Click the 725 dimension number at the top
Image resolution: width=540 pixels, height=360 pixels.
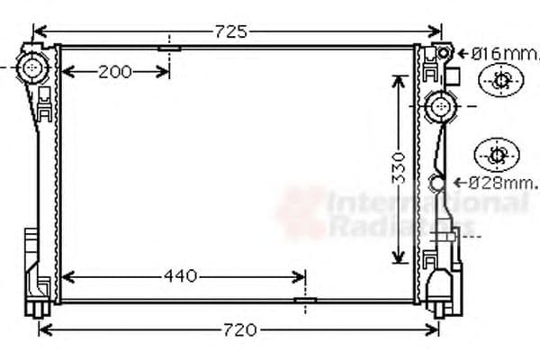(x=231, y=31)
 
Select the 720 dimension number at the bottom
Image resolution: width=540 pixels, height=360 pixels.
(x=239, y=329)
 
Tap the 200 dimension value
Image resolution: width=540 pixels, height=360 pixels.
(x=115, y=72)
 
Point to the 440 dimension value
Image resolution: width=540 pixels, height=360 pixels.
(x=181, y=276)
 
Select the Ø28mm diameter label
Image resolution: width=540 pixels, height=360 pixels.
(x=500, y=183)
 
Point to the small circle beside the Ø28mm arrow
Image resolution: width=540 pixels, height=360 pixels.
(x=438, y=184)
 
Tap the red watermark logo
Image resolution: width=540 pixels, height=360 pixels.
(x=301, y=212)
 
